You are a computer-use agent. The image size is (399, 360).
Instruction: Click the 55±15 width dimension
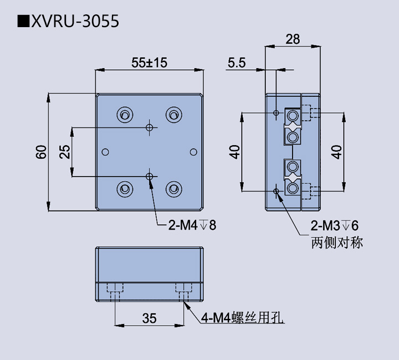149,63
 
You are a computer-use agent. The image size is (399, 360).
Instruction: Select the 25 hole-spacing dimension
65,152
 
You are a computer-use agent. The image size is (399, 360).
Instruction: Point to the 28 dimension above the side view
293,39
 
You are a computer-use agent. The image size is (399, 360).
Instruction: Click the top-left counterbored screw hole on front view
124,115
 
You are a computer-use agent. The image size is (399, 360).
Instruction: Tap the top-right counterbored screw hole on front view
174,115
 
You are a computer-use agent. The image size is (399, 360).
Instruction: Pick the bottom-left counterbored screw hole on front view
124,189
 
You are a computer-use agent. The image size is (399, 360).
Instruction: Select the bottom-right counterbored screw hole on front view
174,189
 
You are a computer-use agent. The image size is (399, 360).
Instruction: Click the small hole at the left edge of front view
104,152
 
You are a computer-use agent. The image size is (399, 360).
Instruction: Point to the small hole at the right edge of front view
193,152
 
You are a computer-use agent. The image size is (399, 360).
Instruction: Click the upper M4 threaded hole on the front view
149,127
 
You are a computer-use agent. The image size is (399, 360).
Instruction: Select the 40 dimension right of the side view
336,152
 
